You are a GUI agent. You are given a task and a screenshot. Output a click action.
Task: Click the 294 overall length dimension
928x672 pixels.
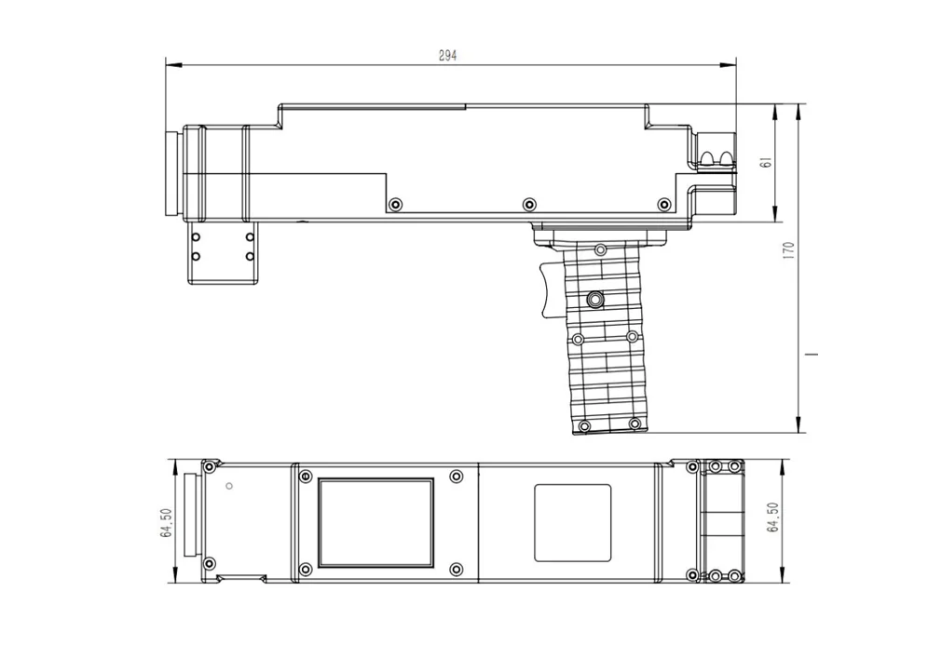(447, 56)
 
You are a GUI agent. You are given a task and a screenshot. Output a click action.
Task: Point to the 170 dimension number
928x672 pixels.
(787, 250)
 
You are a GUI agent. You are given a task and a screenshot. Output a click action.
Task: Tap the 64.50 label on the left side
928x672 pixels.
(166, 522)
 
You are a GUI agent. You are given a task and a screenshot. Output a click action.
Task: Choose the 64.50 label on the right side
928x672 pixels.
(773, 517)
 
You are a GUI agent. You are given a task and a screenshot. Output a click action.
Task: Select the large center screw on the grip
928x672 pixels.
(594, 300)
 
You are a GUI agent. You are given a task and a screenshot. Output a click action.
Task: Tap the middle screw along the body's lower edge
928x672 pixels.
(529, 205)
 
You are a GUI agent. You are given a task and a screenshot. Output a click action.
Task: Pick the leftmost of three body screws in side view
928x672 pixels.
(396, 205)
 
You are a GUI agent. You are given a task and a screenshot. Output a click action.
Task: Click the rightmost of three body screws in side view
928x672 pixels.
(664, 205)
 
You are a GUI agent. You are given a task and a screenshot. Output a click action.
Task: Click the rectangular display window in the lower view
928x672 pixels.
(375, 522)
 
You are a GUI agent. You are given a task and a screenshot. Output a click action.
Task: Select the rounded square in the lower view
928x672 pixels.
(572, 522)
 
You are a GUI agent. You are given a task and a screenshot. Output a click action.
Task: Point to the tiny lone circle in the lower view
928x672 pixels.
(229, 486)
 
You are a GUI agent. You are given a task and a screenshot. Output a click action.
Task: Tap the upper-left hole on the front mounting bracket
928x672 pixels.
(196, 237)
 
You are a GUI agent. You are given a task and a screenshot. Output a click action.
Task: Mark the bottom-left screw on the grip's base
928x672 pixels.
(585, 426)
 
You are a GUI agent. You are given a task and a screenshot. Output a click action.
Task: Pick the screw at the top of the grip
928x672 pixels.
(600, 249)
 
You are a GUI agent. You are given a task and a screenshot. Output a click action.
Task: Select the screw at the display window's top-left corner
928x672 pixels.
(306, 477)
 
